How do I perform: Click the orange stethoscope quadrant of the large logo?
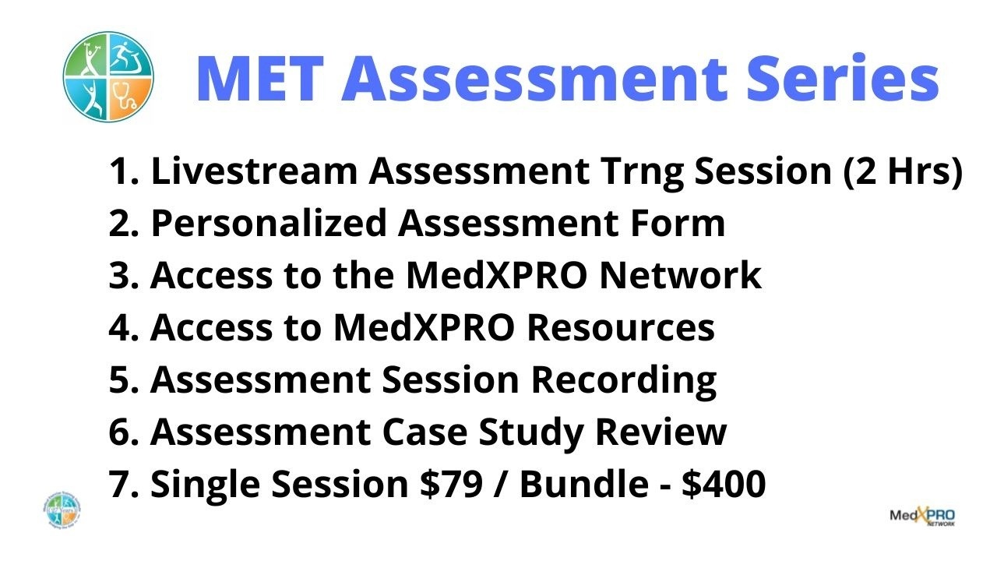click(x=130, y=101)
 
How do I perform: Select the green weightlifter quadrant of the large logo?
click(x=85, y=55)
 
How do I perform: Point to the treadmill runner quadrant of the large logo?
click(x=130, y=55)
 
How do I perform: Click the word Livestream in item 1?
click(x=254, y=171)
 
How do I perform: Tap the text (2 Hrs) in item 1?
click(x=903, y=171)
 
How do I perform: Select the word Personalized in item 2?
click(x=269, y=224)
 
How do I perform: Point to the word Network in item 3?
click(x=680, y=276)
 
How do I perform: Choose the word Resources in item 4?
click(x=621, y=328)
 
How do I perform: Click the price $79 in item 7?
click(x=451, y=484)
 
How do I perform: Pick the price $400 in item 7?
click(x=724, y=484)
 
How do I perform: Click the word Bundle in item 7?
click(x=584, y=484)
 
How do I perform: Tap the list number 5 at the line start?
click(x=121, y=380)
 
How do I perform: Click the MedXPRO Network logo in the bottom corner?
click(x=922, y=517)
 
